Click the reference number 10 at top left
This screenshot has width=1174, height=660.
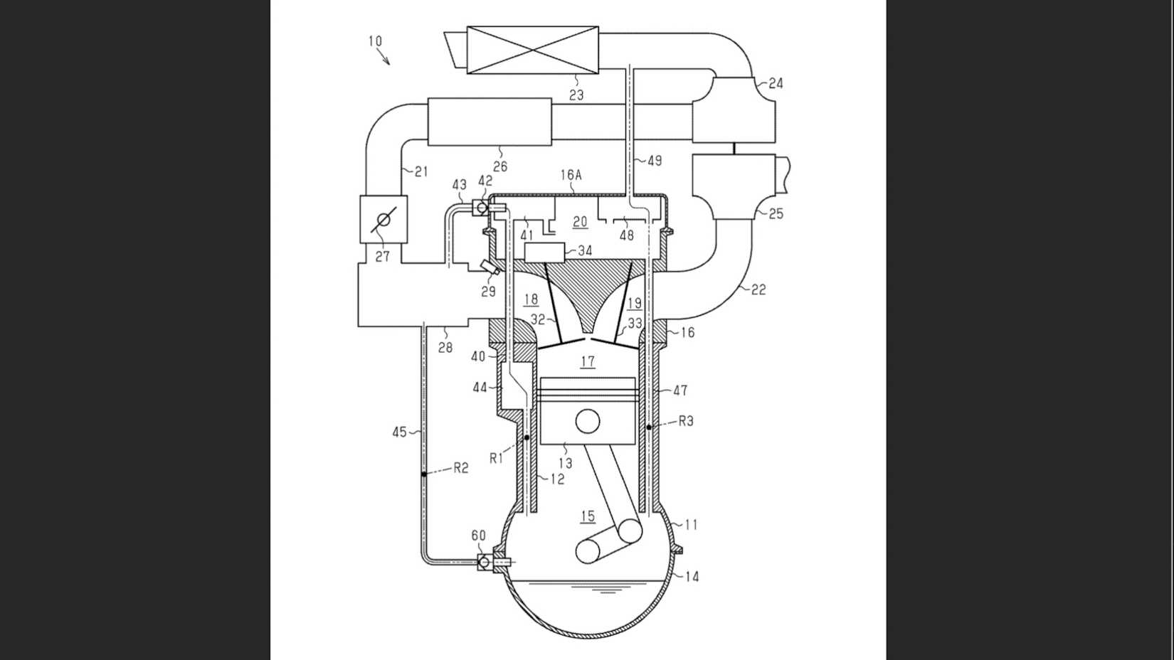pos(375,41)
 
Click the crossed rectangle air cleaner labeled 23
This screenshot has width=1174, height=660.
pos(532,50)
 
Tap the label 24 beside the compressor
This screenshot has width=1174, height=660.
pos(776,83)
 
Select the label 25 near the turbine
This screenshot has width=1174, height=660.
pos(776,213)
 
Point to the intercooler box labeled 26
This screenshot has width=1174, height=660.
pos(490,122)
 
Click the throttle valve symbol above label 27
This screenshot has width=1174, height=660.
pos(384,219)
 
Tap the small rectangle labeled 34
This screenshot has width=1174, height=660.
pos(544,252)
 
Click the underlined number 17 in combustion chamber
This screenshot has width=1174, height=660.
pos(588,361)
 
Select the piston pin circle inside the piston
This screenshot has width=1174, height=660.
pos(588,421)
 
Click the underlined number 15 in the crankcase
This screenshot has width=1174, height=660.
pos(588,516)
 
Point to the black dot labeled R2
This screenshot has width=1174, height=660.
pos(423,474)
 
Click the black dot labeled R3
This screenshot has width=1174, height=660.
pos(650,427)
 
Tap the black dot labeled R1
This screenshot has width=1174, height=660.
pos(527,437)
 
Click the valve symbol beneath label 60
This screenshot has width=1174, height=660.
pos(484,562)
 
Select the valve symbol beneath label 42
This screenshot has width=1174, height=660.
pos(482,207)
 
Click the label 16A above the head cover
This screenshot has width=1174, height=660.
pos(571,175)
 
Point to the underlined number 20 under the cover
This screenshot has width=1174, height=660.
pos(580,222)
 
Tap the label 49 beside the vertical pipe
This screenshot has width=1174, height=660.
pos(655,161)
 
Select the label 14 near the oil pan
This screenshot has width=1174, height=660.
pos(692,577)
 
